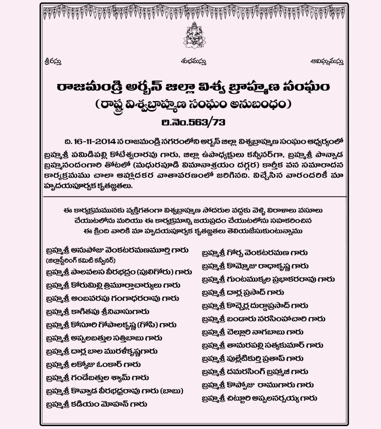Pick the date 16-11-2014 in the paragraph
tap(97, 143)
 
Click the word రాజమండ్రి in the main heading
tap(87, 87)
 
